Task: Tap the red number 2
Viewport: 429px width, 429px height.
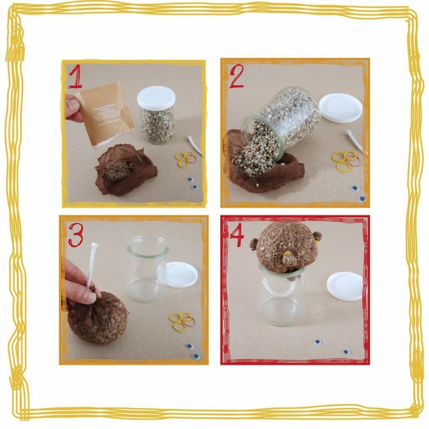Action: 236,78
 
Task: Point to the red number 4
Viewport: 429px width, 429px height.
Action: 236,234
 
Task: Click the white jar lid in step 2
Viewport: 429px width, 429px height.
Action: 341,108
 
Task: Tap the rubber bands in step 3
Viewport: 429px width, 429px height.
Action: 182,321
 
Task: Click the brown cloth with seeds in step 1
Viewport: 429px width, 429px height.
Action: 124,171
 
